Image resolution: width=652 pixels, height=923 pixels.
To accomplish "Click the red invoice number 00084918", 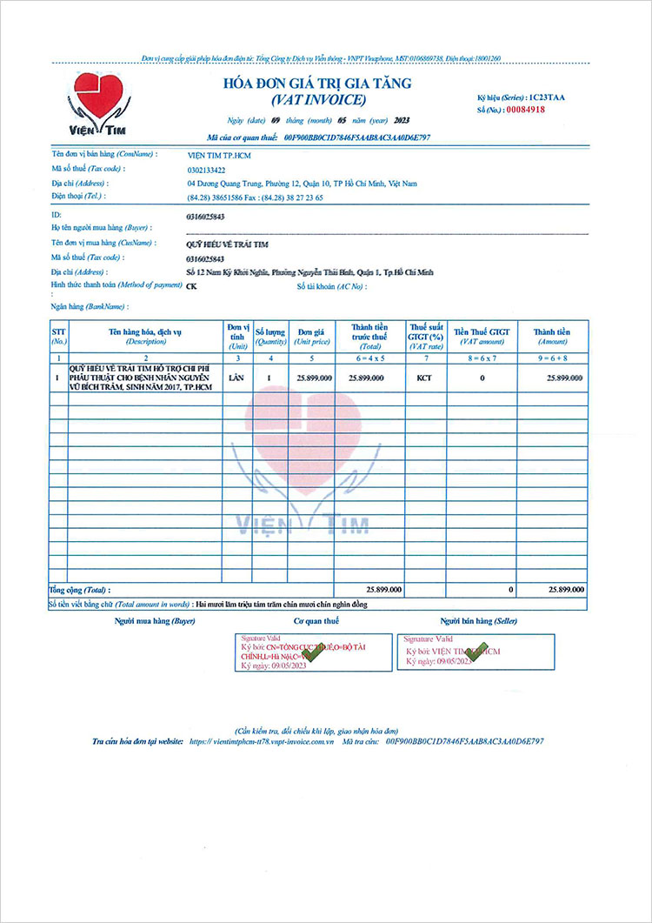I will click(x=526, y=110).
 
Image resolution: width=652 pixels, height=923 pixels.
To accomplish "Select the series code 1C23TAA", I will click(x=542, y=97).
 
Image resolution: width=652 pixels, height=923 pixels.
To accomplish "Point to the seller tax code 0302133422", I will click(x=206, y=170).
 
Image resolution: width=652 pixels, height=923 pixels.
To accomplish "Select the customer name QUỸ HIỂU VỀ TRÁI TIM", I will click(x=230, y=244).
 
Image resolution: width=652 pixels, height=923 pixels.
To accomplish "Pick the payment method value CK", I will click(x=191, y=285).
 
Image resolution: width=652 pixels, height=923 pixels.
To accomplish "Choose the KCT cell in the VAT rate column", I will click(x=425, y=378).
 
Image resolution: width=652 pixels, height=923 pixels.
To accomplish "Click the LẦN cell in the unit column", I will click(x=235, y=378).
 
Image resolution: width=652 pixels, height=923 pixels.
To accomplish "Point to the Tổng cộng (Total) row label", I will click(x=80, y=590).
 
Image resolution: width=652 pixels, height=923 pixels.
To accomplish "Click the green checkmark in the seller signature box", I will click(x=477, y=652).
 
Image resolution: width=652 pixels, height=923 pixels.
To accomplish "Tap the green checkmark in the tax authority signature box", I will click(x=310, y=654).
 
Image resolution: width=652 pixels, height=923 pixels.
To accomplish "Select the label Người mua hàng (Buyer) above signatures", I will click(x=155, y=621).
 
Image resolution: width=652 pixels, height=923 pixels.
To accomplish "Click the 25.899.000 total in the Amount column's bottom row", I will click(x=565, y=590).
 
